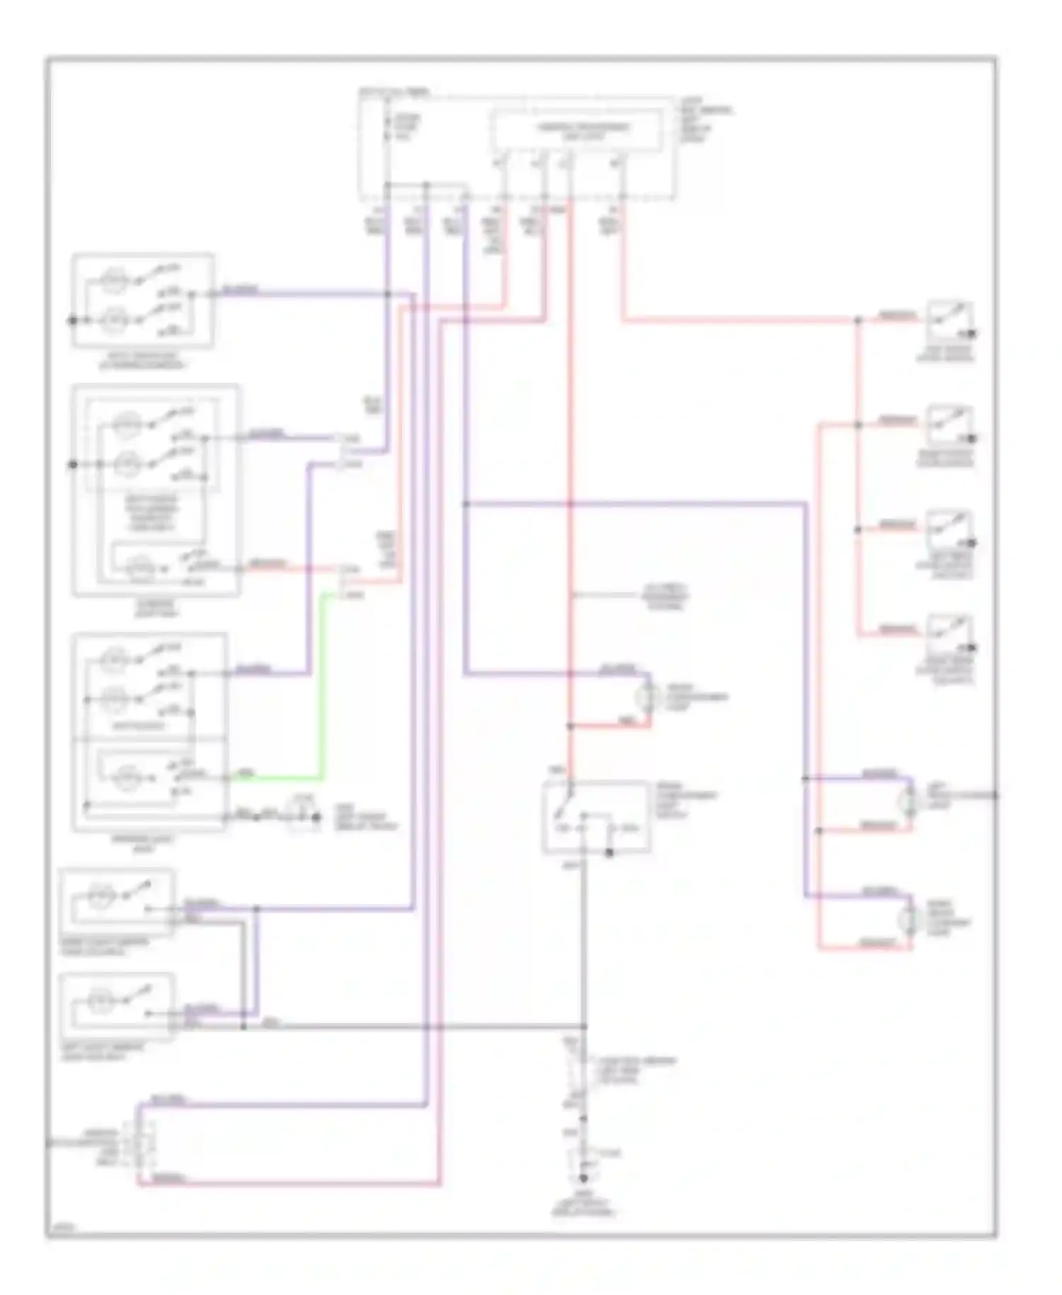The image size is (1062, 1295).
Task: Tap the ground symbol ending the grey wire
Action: pos(583,1179)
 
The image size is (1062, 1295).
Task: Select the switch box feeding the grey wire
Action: pos(596,817)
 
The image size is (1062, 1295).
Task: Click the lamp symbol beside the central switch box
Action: pos(646,697)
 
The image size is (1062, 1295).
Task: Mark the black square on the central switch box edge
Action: pos(610,853)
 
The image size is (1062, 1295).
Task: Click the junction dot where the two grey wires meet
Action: pos(584,1027)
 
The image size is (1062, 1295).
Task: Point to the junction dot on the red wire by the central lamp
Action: pos(570,726)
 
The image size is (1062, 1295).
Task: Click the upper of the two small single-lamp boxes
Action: pos(118,900)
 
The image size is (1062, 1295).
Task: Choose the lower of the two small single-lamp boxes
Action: pos(118,1006)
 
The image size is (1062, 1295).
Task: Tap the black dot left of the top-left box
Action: pos(72,321)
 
